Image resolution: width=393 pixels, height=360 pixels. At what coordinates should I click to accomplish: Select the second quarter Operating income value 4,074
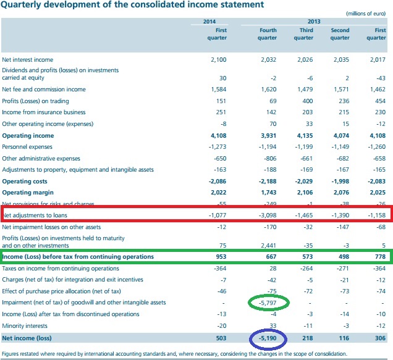pyautogui.click(x=341, y=135)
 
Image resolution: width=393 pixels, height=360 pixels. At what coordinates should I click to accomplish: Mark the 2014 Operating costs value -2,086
pyautogui.click(x=218, y=182)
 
